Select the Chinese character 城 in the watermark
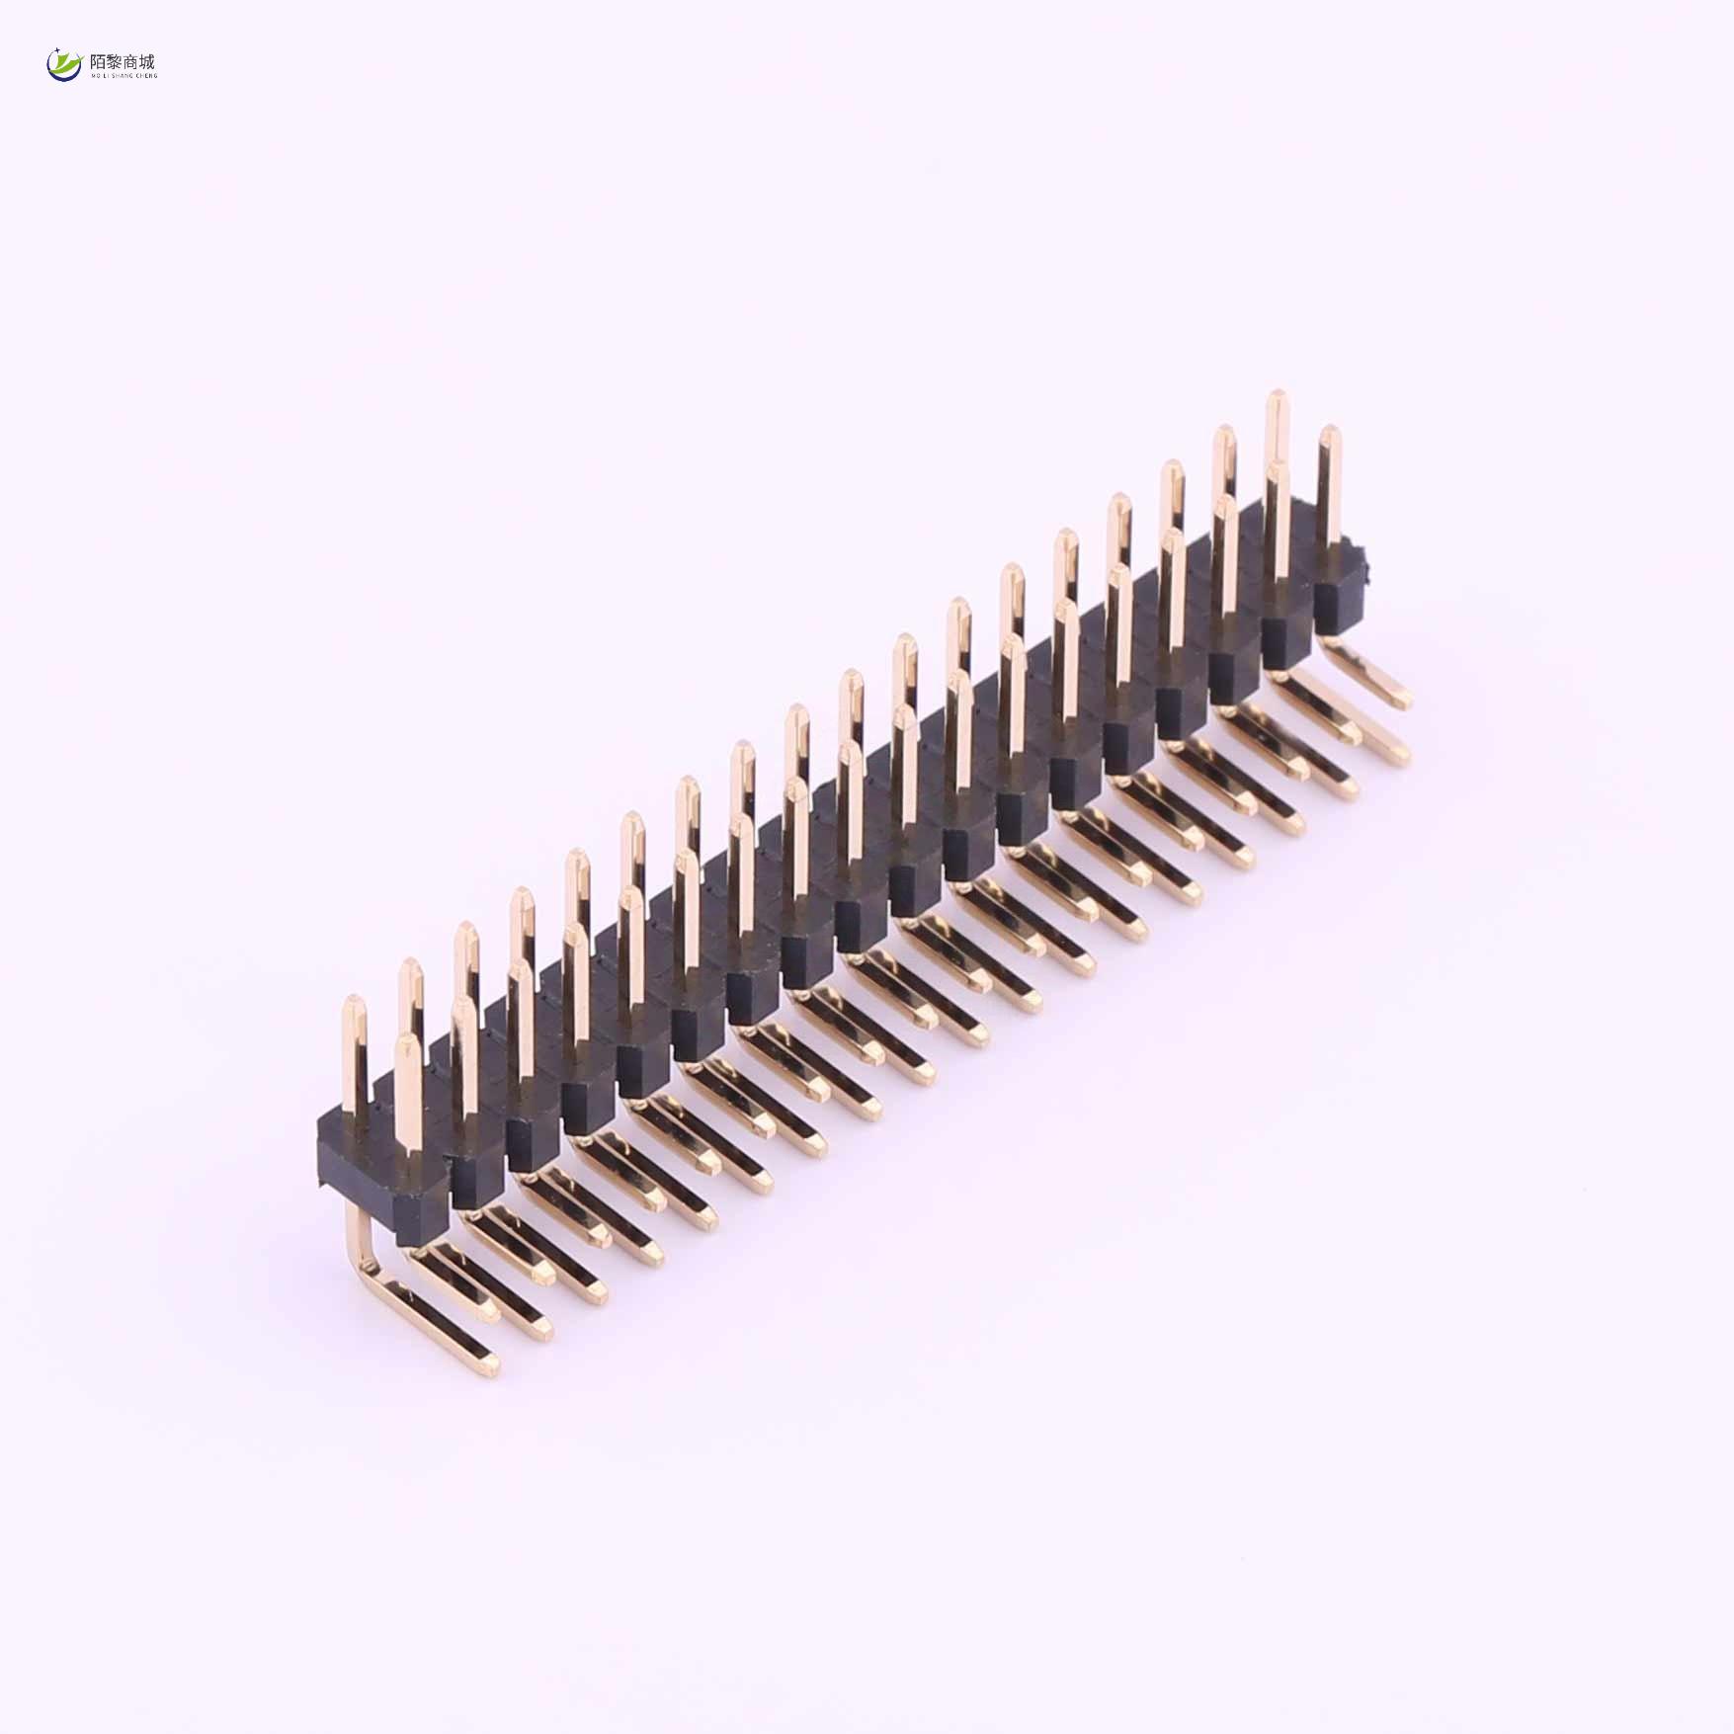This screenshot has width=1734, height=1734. [x=147, y=62]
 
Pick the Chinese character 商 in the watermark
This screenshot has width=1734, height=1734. [x=130, y=62]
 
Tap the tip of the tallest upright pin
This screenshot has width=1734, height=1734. [x=1277, y=397]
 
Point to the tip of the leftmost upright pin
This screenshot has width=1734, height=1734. [x=353, y=1003]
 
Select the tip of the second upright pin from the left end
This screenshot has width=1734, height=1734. [x=409, y=965]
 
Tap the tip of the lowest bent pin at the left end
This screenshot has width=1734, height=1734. [x=488, y=1367]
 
